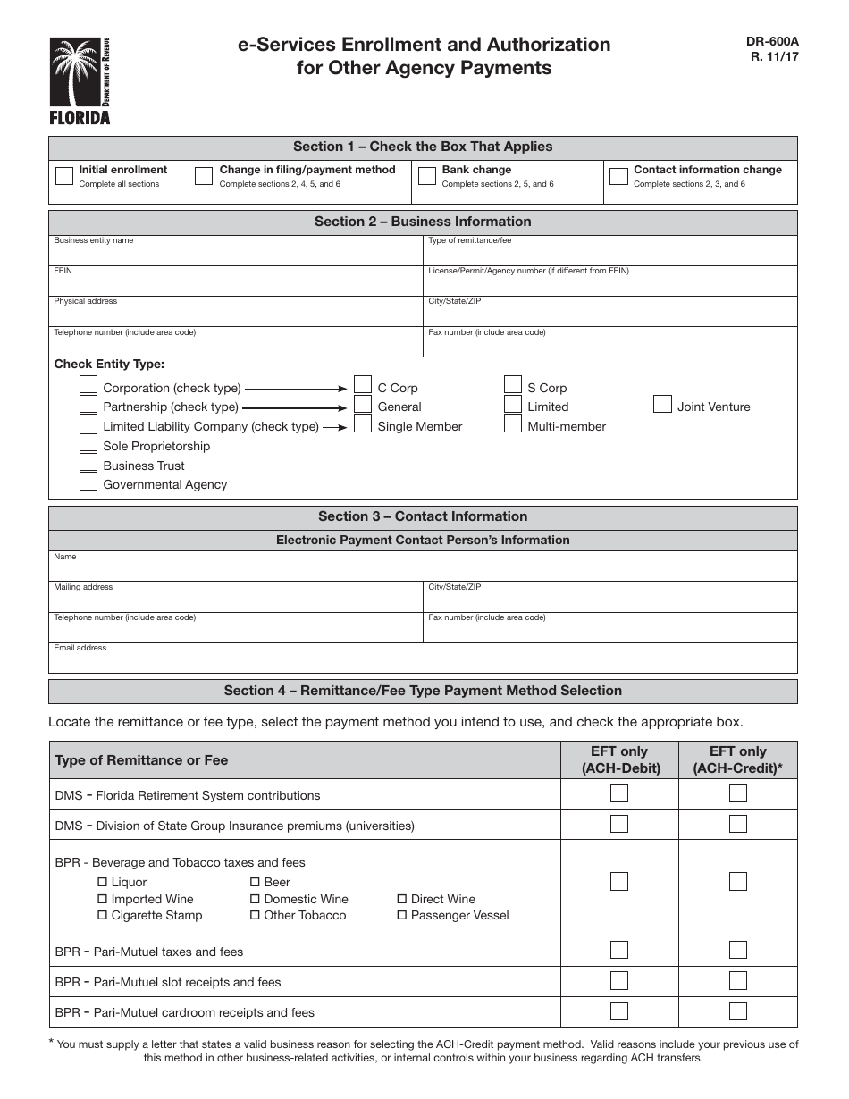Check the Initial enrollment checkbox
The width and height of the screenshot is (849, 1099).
pyautogui.click(x=64, y=175)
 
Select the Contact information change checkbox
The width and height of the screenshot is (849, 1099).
pyautogui.click(x=618, y=175)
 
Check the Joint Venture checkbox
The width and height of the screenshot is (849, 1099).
pyautogui.click(x=662, y=404)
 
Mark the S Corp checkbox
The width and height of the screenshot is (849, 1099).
pyautogui.click(x=513, y=385)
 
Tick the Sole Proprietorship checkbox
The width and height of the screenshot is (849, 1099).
pyautogui.click(x=88, y=443)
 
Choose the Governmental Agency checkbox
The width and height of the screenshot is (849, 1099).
pyautogui.click(x=88, y=482)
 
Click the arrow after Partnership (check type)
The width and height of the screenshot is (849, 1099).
pyautogui.click(x=296, y=407)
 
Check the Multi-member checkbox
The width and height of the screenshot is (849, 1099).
pyautogui.click(x=513, y=424)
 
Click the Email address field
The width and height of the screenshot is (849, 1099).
pyautogui.click(x=422, y=662)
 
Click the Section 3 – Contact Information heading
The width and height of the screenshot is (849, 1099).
pyautogui.click(x=423, y=516)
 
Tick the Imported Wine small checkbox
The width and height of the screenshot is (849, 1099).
pyautogui.click(x=103, y=899)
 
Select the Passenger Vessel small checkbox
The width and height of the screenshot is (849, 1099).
pyautogui.click(x=402, y=915)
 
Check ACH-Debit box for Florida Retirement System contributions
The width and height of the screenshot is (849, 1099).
pyautogui.click(x=619, y=793)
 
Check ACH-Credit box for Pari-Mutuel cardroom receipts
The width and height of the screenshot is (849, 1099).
pyautogui.click(x=738, y=1011)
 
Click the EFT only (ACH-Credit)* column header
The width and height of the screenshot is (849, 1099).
pyautogui.click(x=738, y=759)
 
